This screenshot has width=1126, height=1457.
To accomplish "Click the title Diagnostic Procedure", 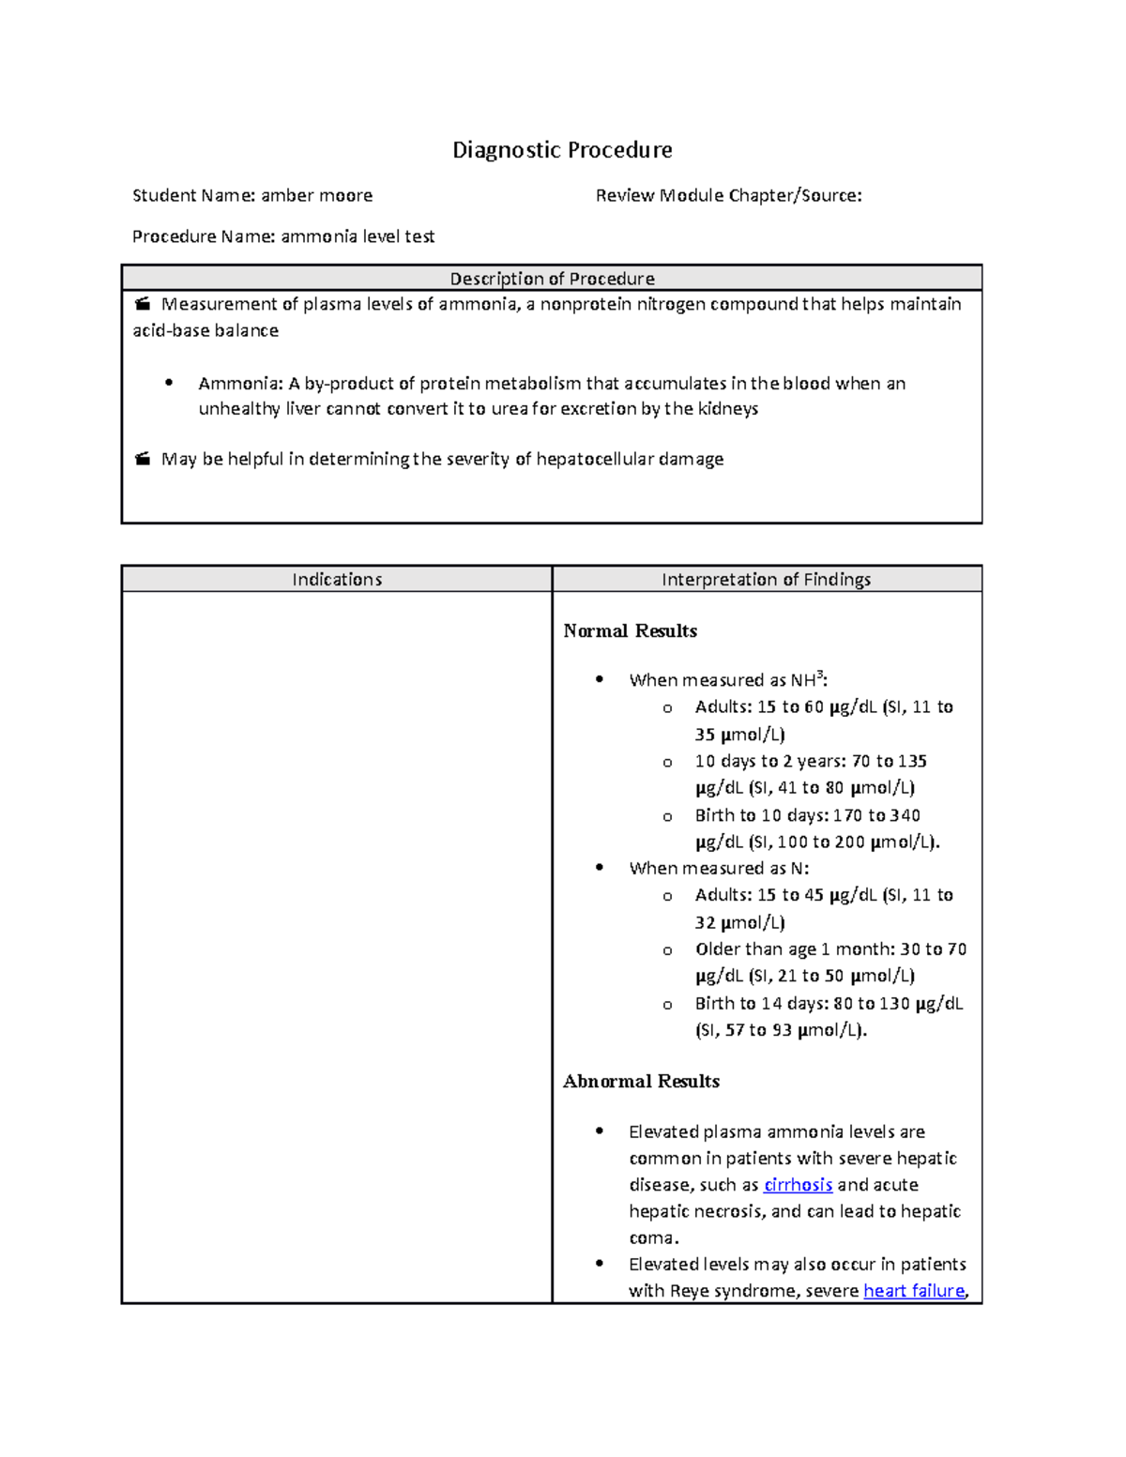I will [x=562, y=150].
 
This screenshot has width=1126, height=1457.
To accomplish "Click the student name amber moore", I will [x=316, y=195].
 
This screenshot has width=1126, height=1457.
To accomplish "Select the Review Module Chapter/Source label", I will [x=728, y=195].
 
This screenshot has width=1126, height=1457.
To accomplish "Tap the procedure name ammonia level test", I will [x=358, y=236].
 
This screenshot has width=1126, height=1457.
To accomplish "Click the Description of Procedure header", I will [x=552, y=279].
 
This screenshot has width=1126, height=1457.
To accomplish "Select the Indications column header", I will [x=337, y=580].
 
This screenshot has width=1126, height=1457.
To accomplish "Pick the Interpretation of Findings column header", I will [x=766, y=580].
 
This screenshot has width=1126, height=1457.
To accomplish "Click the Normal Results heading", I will [x=630, y=631].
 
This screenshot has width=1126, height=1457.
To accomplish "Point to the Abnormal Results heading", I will [x=641, y=1082].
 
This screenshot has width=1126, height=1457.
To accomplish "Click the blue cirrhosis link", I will [x=798, y=1185].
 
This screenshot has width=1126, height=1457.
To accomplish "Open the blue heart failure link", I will [x=914, y=1291].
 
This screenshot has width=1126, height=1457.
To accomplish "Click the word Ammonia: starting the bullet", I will [x=240, y=383].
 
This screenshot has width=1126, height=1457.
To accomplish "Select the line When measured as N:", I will [x=719, y=869].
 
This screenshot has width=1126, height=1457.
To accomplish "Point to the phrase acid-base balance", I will [x=205, y=330].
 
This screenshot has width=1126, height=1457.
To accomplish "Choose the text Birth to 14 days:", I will [x=761, y=1004].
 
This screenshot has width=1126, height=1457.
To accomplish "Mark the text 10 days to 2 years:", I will [x=769, y=762].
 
